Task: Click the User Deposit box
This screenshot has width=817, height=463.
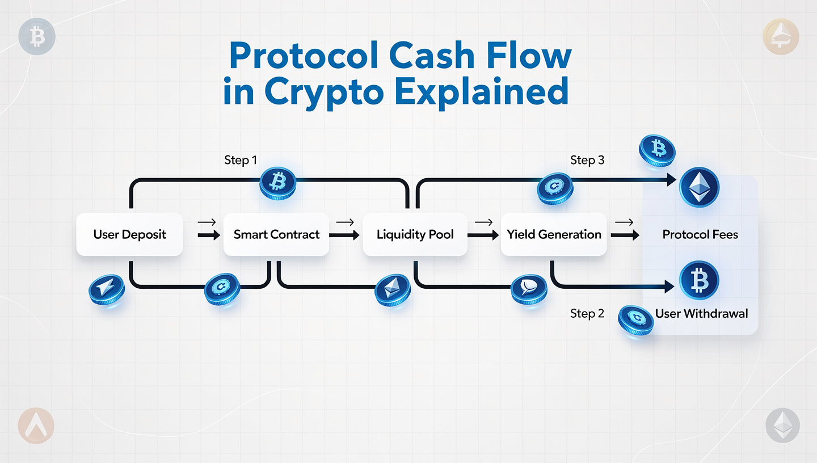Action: point(129,234)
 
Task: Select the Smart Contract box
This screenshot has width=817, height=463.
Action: point(276,234)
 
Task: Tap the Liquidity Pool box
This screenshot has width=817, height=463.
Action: point(415,234)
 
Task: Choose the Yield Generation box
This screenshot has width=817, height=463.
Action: point(554,234)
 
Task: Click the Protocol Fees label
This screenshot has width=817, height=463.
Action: point(700,234)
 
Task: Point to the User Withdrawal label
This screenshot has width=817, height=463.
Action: point(701,313)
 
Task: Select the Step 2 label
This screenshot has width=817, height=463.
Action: point(587,313)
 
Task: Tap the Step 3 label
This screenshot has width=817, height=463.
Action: point(587,160)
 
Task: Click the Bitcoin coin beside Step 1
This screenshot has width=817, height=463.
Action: point(277,182)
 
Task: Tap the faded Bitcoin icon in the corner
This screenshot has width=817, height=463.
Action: point(37,37)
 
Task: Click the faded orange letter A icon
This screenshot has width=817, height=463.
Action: point(36,426)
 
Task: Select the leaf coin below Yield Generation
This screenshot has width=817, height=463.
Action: point(529,289)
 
